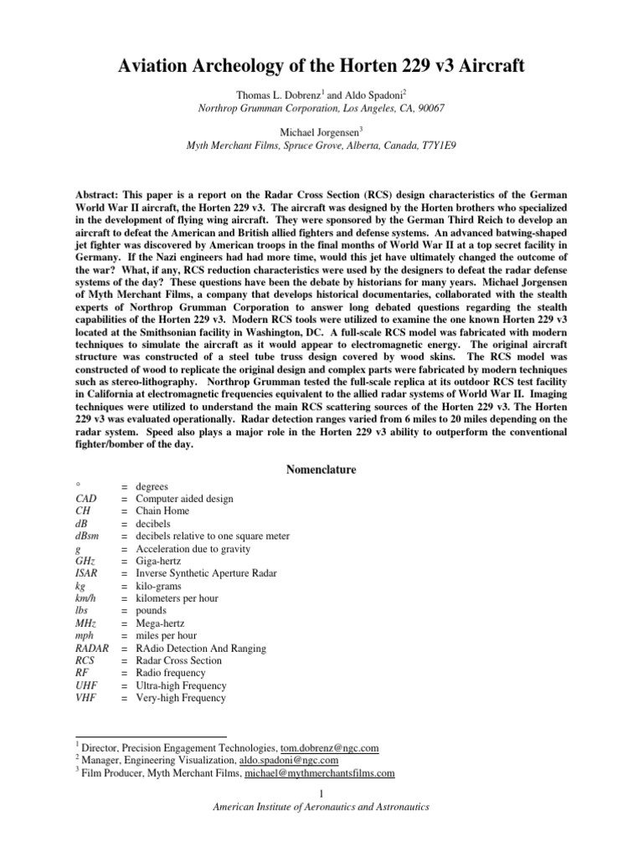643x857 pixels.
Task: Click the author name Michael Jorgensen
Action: click(320, 131)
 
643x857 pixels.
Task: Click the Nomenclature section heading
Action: click(321, 470)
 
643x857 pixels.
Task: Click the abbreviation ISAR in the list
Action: click(88, 573)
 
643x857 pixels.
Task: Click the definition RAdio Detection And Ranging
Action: click(201, 648)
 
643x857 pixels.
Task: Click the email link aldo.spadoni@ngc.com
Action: click(288, 760)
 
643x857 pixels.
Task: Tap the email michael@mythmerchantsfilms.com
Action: click(319, 773)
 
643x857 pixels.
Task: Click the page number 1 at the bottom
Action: click(321, 793)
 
